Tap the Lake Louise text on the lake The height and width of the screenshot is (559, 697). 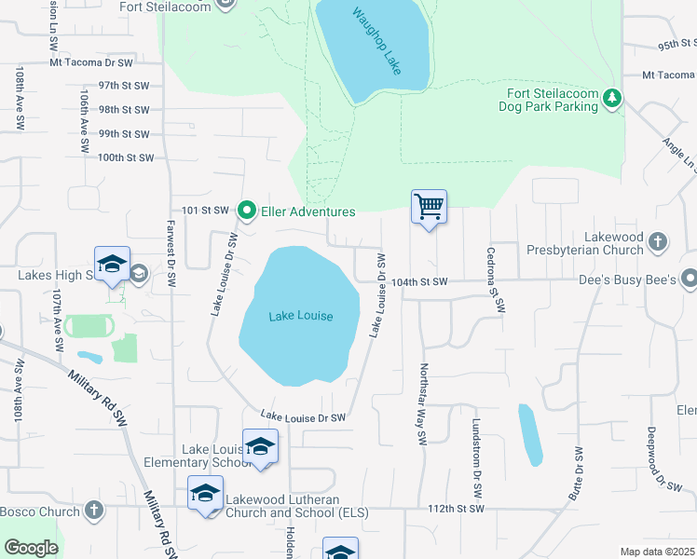301,317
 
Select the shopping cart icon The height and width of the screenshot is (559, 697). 429,206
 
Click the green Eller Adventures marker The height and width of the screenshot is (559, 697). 247,211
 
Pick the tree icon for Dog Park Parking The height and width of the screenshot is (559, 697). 611,98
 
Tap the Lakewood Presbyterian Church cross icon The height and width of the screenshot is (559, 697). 658,242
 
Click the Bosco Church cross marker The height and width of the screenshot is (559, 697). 93,511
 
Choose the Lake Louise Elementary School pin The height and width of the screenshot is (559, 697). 260,445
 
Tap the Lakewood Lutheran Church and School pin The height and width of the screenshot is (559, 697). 205,492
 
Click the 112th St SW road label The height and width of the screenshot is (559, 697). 458,509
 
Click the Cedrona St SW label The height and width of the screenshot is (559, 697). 494,279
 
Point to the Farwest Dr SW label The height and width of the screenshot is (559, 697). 171,253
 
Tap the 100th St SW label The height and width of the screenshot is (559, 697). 126,157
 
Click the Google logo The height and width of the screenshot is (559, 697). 31,548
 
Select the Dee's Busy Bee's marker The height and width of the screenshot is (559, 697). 689,278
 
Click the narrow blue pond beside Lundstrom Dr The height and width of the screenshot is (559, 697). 529,435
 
